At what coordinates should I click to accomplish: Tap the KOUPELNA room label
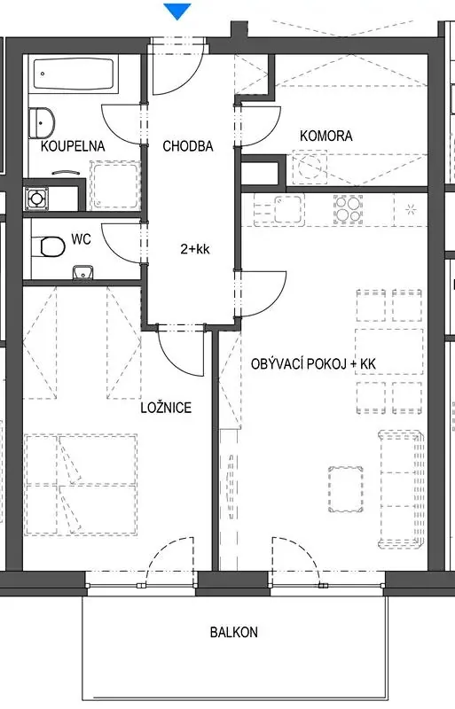coord(73,146)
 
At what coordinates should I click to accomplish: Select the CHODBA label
coord(188,146)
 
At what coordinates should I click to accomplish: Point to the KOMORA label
coord(326,136)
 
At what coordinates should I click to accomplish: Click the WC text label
coord(81,238)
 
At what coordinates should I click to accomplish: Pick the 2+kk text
coord(195,249)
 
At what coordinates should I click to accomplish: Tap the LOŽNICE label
coord(166,408)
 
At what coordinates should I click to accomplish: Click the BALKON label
coord(234,632)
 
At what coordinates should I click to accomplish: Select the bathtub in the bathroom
coord(74,74)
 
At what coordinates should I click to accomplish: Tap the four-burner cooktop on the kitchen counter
coord(349,209)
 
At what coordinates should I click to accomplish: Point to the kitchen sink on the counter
coord(288,209)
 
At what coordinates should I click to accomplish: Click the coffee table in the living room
coord(346,490)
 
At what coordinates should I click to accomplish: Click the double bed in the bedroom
coord(82,485)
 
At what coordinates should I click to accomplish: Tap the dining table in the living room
coord(388,352)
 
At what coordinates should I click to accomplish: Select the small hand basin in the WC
coord(82,272)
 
